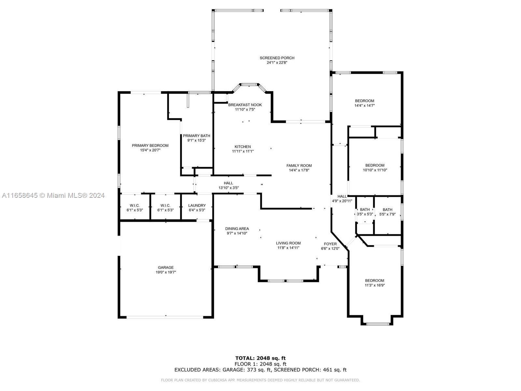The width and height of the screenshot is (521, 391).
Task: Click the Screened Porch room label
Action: pyautogui.click(x=277, y=58)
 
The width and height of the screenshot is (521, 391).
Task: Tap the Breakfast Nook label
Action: pyautogui.click(x=245, y=105)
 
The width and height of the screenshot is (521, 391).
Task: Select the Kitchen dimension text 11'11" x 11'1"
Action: pyautogui.click(x=243, y=151)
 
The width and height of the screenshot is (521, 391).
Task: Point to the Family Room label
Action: pyautogui.click(x=299, y=166)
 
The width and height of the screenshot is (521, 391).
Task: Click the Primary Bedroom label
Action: pyautogui.click(x=150, y=146)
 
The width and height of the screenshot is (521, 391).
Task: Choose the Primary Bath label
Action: pyautogui.click(x=196, y=136)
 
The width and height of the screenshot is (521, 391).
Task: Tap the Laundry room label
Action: pyautogui.click(x=197, y=206)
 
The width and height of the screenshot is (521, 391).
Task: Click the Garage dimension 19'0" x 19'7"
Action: pyautogui.click(x=166, y=272)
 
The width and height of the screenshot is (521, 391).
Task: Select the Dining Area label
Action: pyautogui.click(x=237, y=229)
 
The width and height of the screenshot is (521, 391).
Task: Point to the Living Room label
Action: pyautogui.click(x=288, y=243)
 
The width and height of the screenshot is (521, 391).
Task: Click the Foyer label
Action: pyautogui.click(x=330, y=244)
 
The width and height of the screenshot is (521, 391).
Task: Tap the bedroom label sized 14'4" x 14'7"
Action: pyautogui.click(x=364, y=101)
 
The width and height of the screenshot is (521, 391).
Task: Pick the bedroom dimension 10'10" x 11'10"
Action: pyautogui.click(x=375, y=170)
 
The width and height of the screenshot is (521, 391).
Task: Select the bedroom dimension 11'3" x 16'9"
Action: pyautogui.click(x=374, y=285)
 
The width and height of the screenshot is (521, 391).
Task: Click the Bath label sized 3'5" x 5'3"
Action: pyautogui.click(x=365, y=210)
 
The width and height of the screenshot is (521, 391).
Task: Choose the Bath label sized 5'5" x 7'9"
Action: pyautogui.click(x=387, y=210)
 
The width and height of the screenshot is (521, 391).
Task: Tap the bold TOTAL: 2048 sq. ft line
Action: pyautogui.click(x=260, y=358)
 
